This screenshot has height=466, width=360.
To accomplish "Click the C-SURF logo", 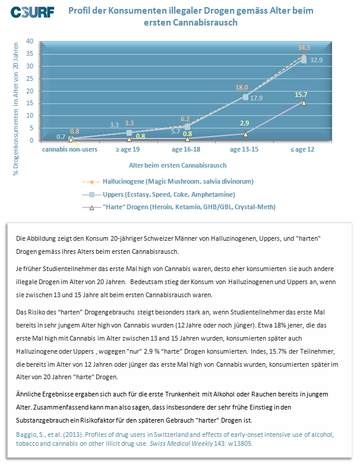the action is point(32,12).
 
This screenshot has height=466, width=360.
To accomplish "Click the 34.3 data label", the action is point(304,48).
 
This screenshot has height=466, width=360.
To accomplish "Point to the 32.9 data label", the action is point(316,60).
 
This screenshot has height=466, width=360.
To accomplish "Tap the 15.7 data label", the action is point(301,95).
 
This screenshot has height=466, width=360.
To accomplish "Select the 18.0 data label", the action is point(241,87).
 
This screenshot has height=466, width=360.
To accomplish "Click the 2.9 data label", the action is point(245,123).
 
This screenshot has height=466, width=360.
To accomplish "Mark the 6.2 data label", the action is point(185,119).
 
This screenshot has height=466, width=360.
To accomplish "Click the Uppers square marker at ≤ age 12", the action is point(304,60).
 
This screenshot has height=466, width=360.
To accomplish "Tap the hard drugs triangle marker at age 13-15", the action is point(246,134).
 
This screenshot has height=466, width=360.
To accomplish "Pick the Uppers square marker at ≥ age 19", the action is point(130,133).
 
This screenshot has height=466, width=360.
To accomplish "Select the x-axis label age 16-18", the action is point(186,149).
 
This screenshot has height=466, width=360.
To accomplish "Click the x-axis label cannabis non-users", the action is point(70,149).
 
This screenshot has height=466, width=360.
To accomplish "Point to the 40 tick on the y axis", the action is point(30,42).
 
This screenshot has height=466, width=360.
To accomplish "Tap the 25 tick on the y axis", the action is point(30,78).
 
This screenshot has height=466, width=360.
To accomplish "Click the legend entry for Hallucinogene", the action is point(168,181).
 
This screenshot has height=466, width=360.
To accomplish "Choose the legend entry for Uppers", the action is point(159,194).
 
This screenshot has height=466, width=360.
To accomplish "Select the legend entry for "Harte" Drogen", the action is point(179,207).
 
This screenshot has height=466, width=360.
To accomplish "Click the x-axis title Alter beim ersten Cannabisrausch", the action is point(178,165).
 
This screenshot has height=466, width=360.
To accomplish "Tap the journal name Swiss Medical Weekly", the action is point(181,443).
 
